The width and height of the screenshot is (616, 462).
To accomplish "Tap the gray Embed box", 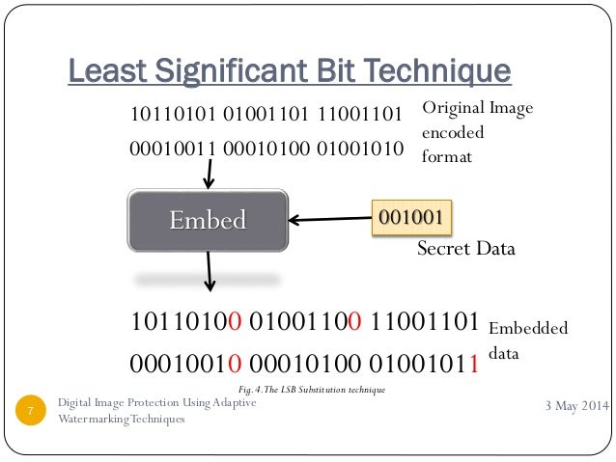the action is click(x=209, y=220).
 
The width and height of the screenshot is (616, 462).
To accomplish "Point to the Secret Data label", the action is click(x=465, y=249).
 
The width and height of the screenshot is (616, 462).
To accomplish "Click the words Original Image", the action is click(x=477, y=109).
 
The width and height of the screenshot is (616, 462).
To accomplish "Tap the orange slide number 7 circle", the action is click(x=32, y=412).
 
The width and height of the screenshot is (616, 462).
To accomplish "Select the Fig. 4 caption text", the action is click(x=311, y=390).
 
